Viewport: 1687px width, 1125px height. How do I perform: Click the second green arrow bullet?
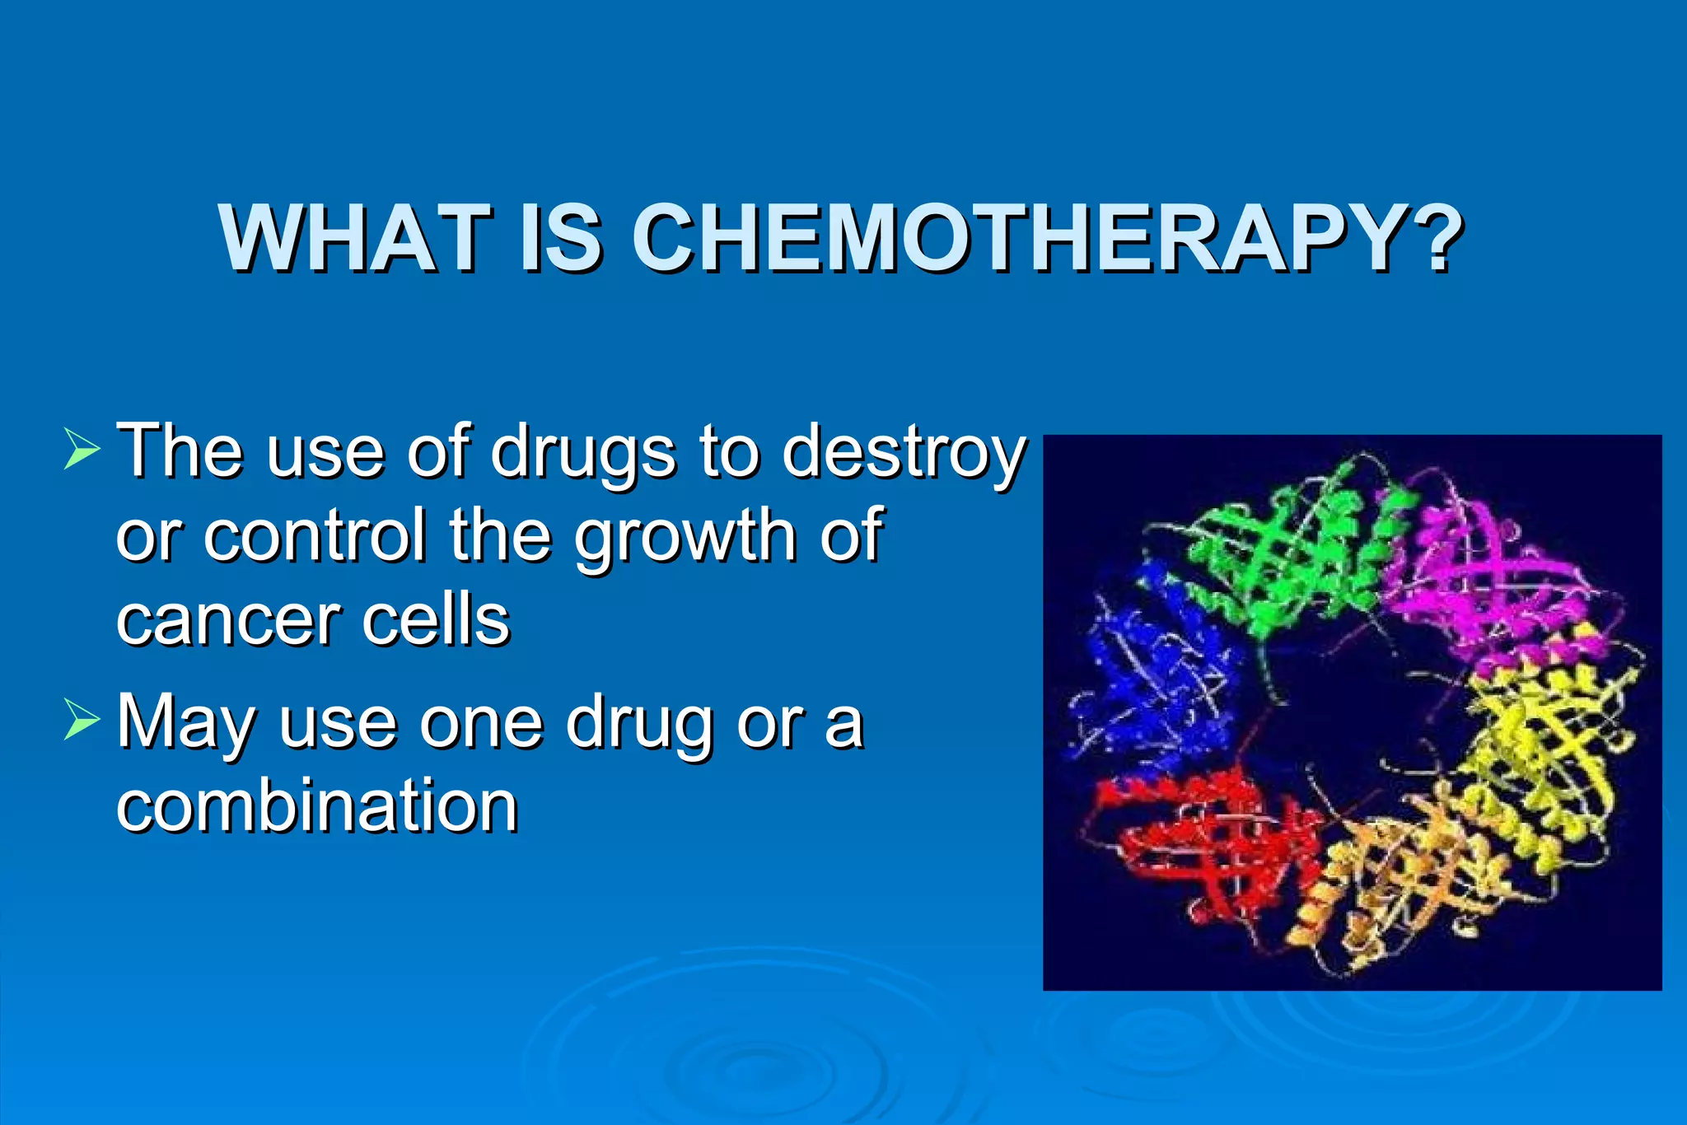(x=81, y=720)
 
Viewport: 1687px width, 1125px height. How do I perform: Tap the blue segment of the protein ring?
(x=1161, y=675)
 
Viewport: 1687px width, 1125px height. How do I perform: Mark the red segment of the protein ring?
(x=1203, y=840)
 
